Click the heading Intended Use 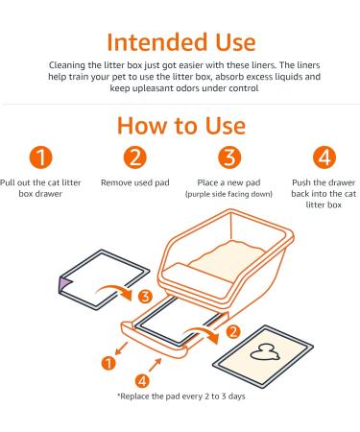point(181,42)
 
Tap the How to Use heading point(181,126)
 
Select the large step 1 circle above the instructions point(40,157)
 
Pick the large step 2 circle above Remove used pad point(135,157)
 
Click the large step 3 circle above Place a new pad point(229,157)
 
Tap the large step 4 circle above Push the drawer point(324,157)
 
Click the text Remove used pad point(135,182)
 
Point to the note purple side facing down point(228,194)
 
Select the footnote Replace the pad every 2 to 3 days point(181,396)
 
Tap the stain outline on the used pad point(264,353)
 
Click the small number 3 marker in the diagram point(145,297)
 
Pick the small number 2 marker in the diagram point(233,331)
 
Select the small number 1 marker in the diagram point(108,364)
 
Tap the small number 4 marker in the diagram point(142,381)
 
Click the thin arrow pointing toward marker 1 point(121,348)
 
